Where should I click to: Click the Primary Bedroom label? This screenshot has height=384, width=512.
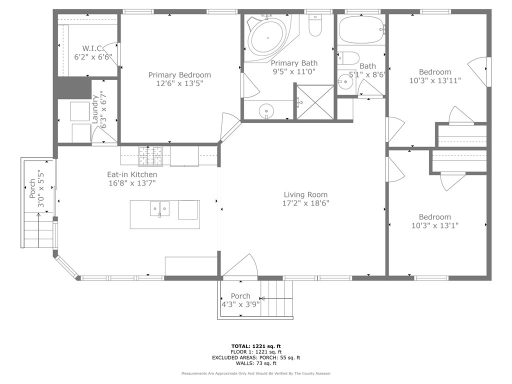pyautogui.click(x=179, y=75)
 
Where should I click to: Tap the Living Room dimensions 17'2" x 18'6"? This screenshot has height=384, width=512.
pyautogui.click(x=305, y=203)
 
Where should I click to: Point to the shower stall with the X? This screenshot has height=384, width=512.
pyautogui.click(x=315, y=102)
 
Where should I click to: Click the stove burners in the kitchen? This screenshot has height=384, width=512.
pyautogui.click(x=150, y=156)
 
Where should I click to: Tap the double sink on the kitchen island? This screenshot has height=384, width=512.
pyautogui.click(x=159, y=209)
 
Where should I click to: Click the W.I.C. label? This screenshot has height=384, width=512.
pyautogui.click(x=93, y=48)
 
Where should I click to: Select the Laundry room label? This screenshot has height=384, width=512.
pyautogui.click(x=95, y=109)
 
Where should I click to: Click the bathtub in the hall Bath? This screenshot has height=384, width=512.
pyautogui.click(x=361, y=30)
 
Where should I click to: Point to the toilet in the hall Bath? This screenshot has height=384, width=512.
pyautogui.click(x=348, y=58)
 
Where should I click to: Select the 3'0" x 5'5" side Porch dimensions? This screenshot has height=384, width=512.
pyautogui.click(x=41, y=188)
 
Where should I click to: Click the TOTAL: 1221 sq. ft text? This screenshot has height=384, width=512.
pyautogui.click(x=256, y=346)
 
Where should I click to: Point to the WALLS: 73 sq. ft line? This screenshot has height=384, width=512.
pyautogui.click(x=256, y=363)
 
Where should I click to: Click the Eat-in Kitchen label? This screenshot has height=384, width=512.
pyautogui.click(x=132, y=174)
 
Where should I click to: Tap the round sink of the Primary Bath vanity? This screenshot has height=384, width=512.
pyautogui.click(x=266, y=110)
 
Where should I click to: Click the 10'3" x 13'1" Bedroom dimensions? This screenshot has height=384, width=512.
pyautogui.click(x=435, y=225)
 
